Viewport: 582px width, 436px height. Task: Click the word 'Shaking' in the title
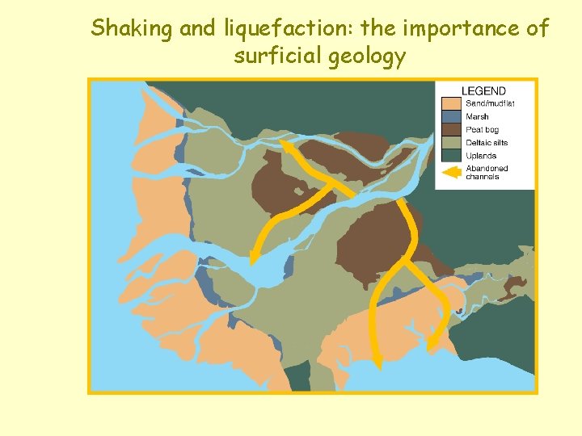[132, 29]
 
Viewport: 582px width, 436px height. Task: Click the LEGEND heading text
[483, 91]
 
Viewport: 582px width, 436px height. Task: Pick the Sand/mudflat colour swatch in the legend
[451, 103]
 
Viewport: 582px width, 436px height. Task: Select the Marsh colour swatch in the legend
[451, 116]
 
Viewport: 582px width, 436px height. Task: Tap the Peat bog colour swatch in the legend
[451, 129]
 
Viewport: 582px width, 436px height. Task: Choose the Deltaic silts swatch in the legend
[451, 142]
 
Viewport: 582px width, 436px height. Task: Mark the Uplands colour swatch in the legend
[451, 155]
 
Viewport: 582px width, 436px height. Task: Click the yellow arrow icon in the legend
[452, 172]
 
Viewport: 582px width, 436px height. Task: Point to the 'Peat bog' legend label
[482, 129]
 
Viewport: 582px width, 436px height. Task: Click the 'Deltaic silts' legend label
[487, 142]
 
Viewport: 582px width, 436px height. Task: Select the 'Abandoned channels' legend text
[483, 172]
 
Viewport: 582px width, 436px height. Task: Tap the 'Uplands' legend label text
[481, 155]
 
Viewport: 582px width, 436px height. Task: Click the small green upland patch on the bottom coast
[298, 375]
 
